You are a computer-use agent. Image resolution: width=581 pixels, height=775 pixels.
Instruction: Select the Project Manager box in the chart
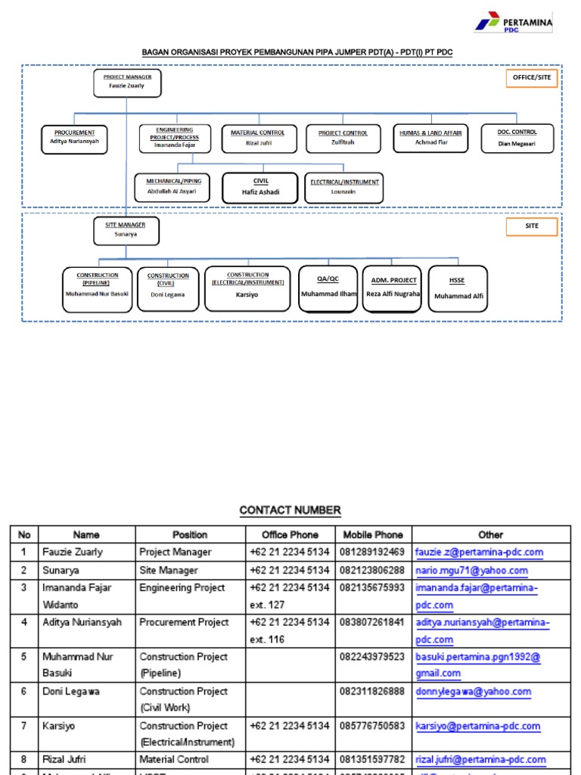click(x=126, y=82)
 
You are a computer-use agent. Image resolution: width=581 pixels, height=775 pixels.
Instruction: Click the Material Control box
click(x=258, y=138)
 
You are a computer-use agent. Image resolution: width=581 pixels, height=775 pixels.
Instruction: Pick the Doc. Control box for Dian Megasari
click(x=517, y=138)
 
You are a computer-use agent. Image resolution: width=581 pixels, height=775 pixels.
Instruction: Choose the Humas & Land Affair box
click(x=431, y=138)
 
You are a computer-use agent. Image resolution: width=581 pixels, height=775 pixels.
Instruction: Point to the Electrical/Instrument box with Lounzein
click(x=344, y=187)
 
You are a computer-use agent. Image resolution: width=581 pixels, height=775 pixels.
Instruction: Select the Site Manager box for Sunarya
click(x=126, y=230)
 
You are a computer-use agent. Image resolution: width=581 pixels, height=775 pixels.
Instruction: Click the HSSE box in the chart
click(x=457, y=288)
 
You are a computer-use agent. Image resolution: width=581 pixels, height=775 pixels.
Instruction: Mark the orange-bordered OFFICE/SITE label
click(x=532, y=77)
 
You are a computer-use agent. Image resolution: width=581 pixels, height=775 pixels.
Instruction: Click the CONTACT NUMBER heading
click(x=290, y=510)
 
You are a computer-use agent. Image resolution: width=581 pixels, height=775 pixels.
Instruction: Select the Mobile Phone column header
click(x=373, y=534)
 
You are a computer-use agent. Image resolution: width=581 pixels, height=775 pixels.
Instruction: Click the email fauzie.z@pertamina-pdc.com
click(x=479, y=552)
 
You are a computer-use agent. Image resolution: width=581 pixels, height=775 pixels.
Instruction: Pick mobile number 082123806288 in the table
click(x=372, y=571)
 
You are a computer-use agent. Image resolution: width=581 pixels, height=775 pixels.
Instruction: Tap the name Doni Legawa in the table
click(x=71, y=692)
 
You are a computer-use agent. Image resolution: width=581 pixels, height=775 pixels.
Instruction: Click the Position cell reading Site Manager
click(x=169, y=571)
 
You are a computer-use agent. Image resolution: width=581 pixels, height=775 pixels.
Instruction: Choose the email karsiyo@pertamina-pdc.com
click(x=477, y=727)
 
